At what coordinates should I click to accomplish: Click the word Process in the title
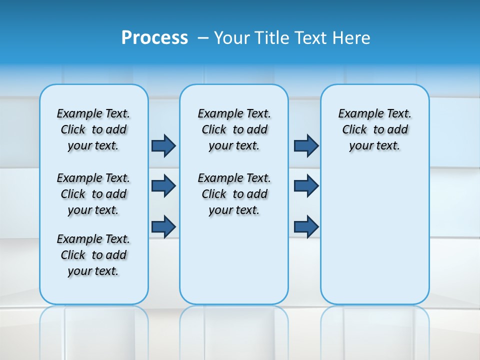(154, 37)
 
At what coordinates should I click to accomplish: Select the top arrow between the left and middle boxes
(163, 145)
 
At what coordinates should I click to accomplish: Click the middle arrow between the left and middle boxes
(163, 186)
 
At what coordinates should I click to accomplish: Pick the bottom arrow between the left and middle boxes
(163, 226)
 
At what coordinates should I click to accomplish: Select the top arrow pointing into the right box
(306, 145)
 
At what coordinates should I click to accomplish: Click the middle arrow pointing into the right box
(306, 186)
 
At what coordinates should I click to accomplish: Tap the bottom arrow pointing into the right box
(306, 226)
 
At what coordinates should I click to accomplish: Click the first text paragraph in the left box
(93, 129)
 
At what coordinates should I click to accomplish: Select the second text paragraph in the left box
(93, 194)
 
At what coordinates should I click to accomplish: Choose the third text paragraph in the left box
(93, 255)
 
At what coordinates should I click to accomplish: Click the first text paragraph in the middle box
(234, 129)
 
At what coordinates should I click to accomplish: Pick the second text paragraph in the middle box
(234, 194)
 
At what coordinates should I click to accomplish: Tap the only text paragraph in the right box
(374, 129)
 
